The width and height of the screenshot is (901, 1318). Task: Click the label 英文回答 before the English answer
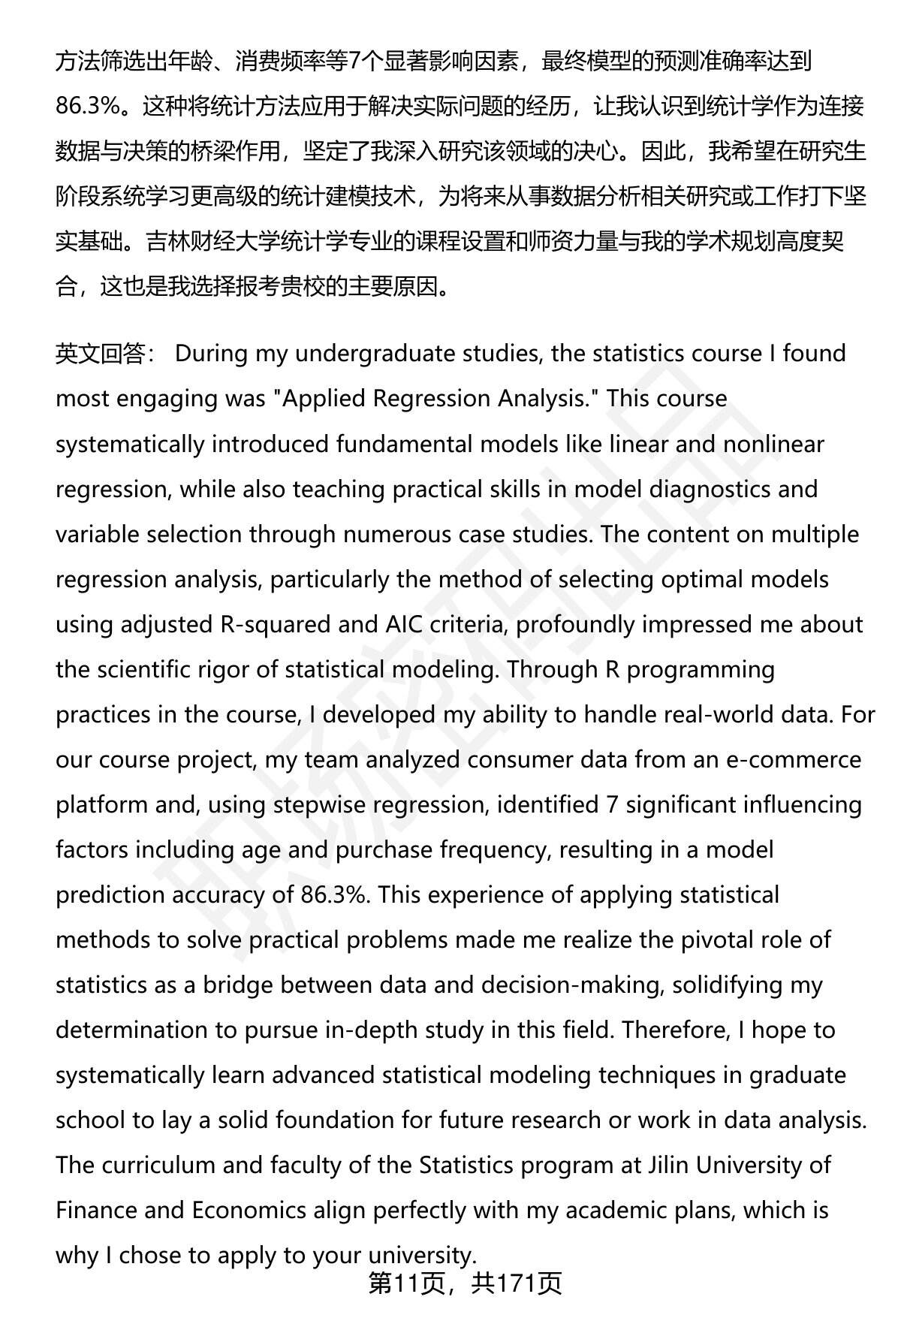101,354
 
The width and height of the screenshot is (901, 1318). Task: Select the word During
211,354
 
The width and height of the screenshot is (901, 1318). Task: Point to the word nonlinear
773,444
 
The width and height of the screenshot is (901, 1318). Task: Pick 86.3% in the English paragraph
333,894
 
